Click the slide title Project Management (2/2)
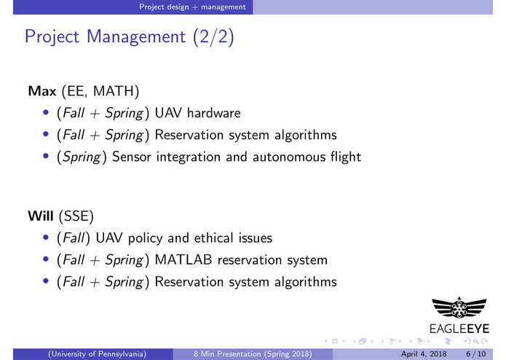[129, 36]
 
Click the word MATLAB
[186, 259]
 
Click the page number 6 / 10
[476, 354]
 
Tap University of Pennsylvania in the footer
[98, 354]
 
